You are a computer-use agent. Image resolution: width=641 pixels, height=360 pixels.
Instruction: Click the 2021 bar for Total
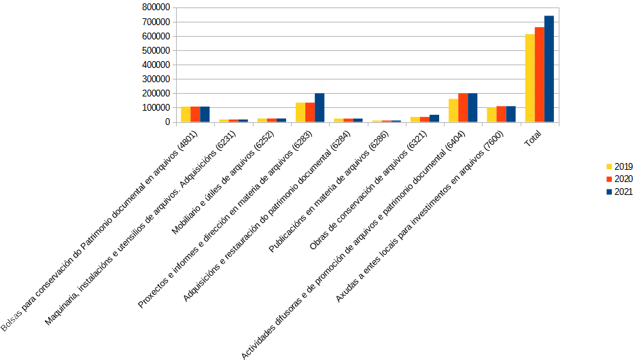click(x=549, y=69)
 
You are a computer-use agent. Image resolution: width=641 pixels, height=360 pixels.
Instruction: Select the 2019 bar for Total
click(x=530, y=78)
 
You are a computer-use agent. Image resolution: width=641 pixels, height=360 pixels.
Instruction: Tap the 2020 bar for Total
click(x=540, y=75)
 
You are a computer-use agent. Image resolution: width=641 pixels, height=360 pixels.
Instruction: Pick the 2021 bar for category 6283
click(x=319, y=108)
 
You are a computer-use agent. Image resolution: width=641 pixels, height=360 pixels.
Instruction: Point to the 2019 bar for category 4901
click(x=186, y=115)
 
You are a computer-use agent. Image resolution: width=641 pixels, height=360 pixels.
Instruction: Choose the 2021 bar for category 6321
click(x=434, y=119)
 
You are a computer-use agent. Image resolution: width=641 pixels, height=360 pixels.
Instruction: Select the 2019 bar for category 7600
click(x=491, y=115)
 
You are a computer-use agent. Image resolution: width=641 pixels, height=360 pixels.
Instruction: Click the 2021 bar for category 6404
click(x=472, y=108)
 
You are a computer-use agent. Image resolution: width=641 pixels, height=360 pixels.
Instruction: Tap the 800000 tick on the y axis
click(x=156, y=7)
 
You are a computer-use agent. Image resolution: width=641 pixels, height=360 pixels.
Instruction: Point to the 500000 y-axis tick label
click(x=156, y=50)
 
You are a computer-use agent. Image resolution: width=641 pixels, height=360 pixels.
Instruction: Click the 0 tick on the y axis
click(x=166, y=122)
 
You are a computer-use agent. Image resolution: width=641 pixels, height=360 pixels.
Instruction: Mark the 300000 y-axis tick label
click(x=156, y=79)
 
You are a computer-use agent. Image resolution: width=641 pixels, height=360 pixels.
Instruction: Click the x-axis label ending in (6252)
click(x=217, y=183)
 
